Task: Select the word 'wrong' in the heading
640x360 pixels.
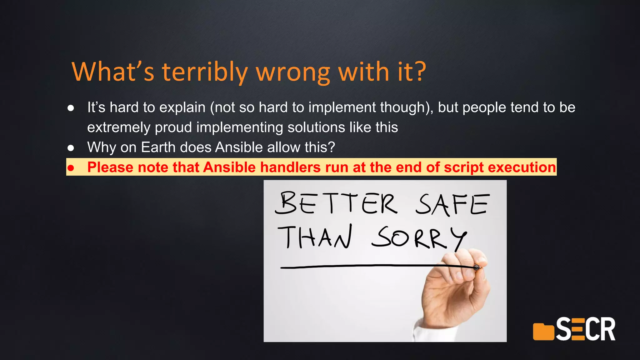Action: pos(293,73)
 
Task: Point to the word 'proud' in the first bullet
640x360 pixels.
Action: pos(173,127)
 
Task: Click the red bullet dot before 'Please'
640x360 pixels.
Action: pos(71,168)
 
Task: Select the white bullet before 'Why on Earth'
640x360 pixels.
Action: pos(71,148)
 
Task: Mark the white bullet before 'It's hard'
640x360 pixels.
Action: pos(71,108)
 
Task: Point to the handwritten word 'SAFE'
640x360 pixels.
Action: pos(452,204)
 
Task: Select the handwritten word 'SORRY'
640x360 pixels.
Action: pos(419,238)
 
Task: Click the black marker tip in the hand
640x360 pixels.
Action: pos(476,267)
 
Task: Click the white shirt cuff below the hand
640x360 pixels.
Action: pos(422,331)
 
